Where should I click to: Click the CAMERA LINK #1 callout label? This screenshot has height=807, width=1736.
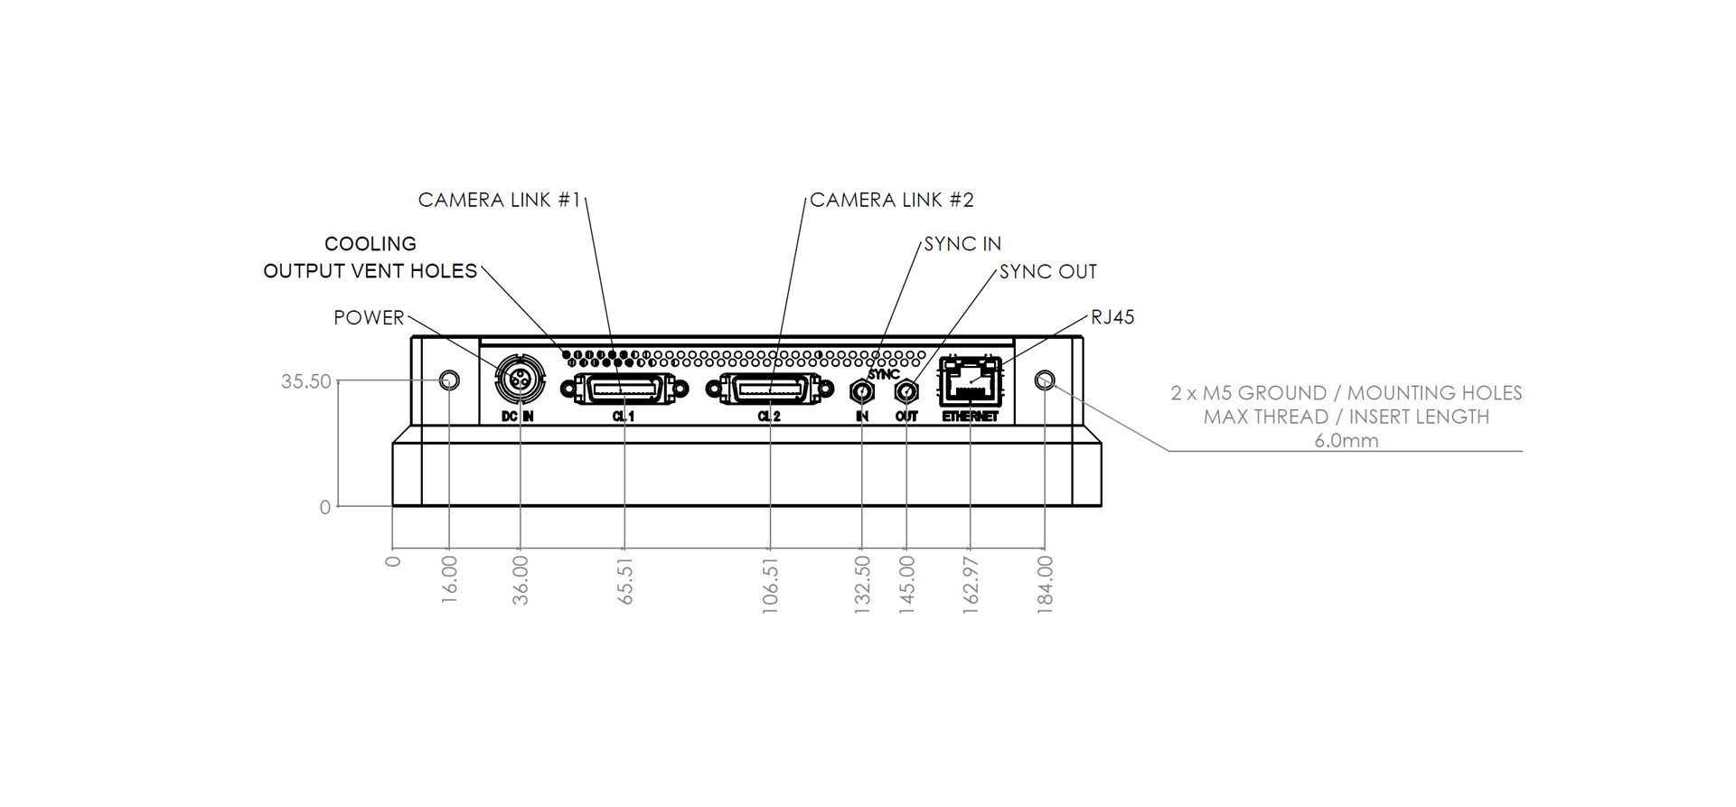pos(500,200)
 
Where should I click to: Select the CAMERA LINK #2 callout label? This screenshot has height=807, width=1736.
pos(892,200)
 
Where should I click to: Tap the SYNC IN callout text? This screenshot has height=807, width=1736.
pos(962,244)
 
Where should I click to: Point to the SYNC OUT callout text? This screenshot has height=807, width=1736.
pos(1048,272)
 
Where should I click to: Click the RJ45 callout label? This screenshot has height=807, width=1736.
pos(1112,317)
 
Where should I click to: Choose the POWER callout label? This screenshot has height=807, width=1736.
pos(369,318)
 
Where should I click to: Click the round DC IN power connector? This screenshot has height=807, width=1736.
pos(521,381)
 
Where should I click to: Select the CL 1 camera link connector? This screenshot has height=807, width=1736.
pos(624,389)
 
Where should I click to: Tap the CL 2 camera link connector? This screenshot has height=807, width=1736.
pos(769,389)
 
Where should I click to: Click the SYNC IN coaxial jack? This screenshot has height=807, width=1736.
pos(862,391)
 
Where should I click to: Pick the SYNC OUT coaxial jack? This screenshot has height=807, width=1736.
pos(906,391)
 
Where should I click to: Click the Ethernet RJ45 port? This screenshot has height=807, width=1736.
pos(971,381)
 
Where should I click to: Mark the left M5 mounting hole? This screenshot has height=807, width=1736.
pos(449,380)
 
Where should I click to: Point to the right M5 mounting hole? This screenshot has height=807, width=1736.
pos(1045,380)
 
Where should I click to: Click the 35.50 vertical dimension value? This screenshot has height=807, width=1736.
pos(306,381)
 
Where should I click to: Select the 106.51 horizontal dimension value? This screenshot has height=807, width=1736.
pos(770,586)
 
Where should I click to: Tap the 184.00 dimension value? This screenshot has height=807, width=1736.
pos(1045,586)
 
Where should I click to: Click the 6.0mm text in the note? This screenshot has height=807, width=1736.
pos(1347,441)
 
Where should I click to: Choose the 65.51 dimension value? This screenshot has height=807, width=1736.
pos(624,581)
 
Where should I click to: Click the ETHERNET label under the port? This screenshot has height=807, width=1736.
pos(971,417)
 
